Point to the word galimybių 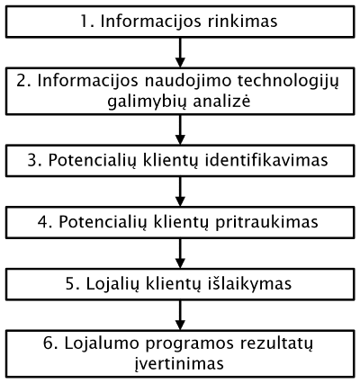(x=146, y=102)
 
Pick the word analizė (x=221, y=101)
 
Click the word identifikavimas (x=266, y=160)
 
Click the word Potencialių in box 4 (x=102, y=223)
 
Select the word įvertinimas (x=179, y=364)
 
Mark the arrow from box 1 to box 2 (x=180, y=52)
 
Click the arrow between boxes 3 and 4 (x=180, y=191)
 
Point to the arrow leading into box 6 (x=180, y=315)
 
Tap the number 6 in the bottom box (x=49, y=344)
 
